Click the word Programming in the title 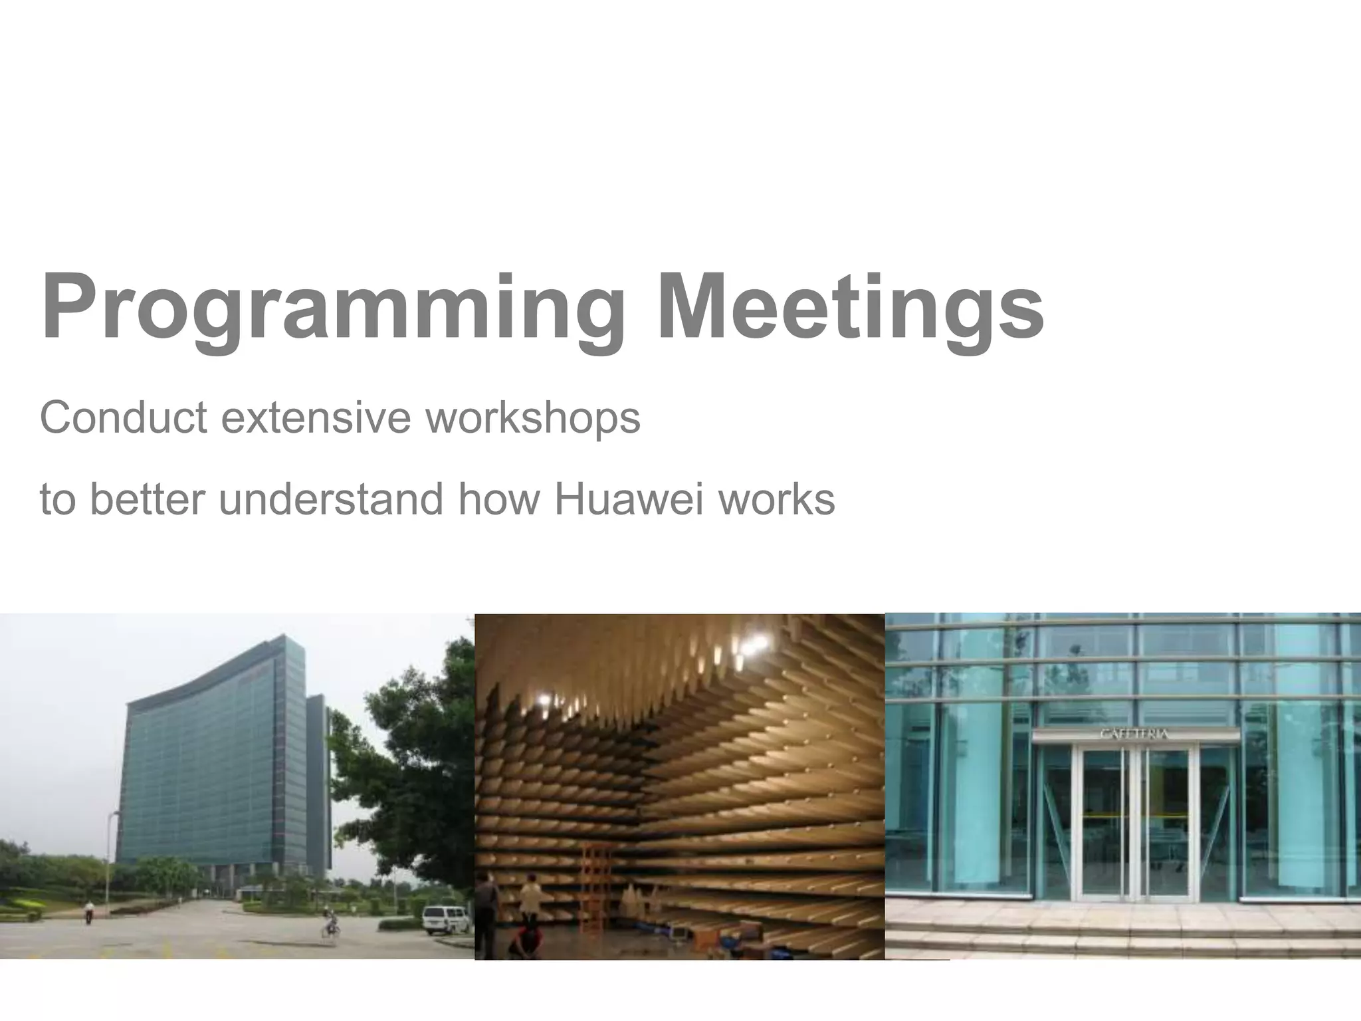pyautogui.click(x=332, y=309)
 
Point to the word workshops pyautogui.click(x=532, y=419)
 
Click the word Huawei pyautogui.click(x=627, y=499)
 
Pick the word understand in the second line pyautogui.click(x=331, y=499)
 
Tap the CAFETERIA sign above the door pyautogui.click(x=1134, y=735)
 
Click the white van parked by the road pyautogui.click(x=445, y=919)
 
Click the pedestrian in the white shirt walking pyautogui.click(x=89, y=911)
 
